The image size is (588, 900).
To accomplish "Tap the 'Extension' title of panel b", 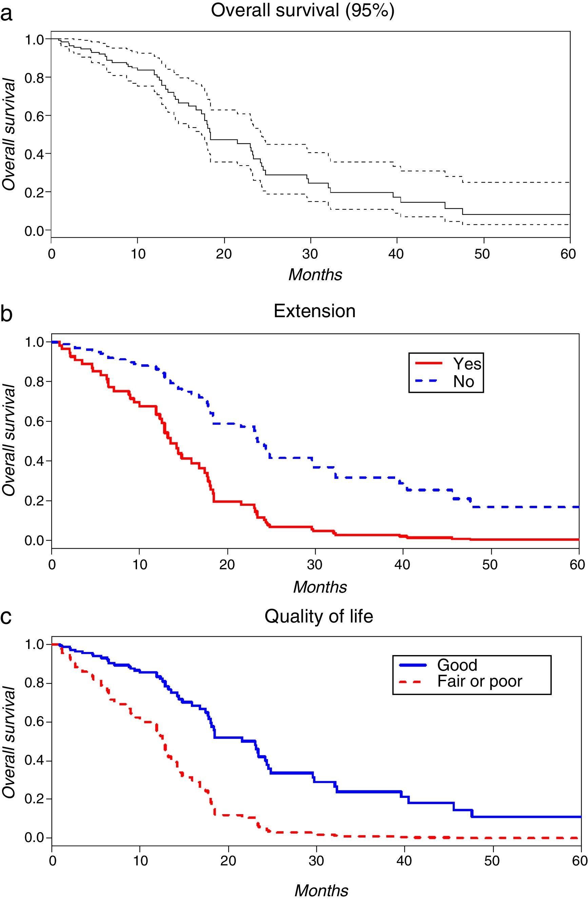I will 314,311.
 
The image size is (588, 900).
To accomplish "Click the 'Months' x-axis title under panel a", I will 315,274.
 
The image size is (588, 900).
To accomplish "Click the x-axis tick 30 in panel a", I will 310,254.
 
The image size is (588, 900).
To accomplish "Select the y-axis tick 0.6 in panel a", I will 34,116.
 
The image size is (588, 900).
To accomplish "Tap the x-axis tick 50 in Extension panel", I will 490,564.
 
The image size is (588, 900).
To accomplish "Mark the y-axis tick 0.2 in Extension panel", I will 34,501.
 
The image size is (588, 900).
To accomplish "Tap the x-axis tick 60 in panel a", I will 568,254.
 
